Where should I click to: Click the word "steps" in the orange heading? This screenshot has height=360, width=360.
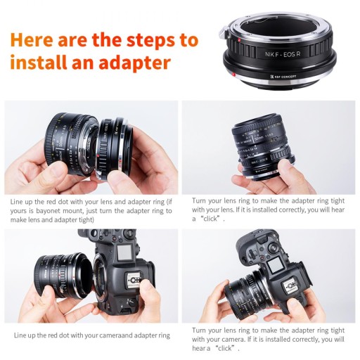click(x=150, y=40)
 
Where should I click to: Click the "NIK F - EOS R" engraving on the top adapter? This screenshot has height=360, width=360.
click(x=283, y=54)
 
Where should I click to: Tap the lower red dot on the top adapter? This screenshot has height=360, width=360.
click(x=233, y=75)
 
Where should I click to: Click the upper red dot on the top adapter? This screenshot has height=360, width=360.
click(x=239, y=40)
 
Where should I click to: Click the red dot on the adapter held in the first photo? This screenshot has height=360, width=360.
click(x=98, y=155)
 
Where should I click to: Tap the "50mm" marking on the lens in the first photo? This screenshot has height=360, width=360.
click(x=60, y=147)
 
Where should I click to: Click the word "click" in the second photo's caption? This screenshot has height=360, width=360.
click(x=210, y=219)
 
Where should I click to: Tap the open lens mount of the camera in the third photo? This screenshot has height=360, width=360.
click(x=101, y=279)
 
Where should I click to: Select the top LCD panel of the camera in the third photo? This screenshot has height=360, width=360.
click(x=124, y=252)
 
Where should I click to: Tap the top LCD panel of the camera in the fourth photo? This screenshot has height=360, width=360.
click(x=274, y=265)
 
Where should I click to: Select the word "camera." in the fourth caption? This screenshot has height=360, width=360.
click(x=232, y=340)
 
